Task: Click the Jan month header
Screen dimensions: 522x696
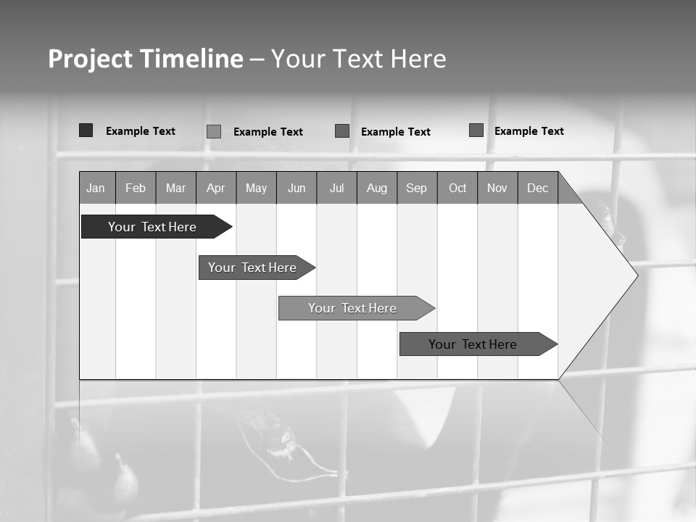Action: click(x=96, y=188)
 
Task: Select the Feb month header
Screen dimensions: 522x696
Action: click(x=136, y=188)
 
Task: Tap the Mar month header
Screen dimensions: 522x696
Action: click(x=175, y=188)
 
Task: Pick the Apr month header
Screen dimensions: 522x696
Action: click(x=215, y=188)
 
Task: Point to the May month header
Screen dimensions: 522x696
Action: click(x=256, y=188)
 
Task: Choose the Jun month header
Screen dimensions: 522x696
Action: click(x=297, y=188)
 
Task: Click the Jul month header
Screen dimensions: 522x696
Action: click(x=336, y=188)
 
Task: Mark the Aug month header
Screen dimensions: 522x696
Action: click(x=377, y=188)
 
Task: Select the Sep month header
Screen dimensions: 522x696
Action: click(x=417, y=188)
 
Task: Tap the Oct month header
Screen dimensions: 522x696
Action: click(x=457, y=188)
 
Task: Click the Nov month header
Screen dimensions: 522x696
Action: click(x=497, y=188)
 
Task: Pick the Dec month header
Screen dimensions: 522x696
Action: click(x=538, y=188)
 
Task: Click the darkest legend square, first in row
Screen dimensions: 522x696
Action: click(x=86, y=130)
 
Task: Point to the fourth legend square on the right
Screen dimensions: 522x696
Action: click(x=476, y=130)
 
